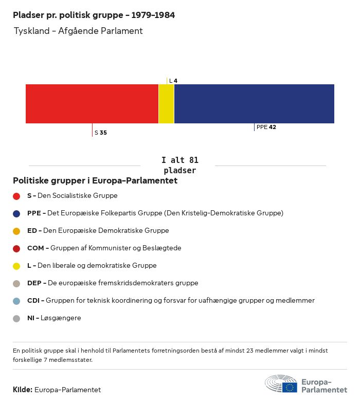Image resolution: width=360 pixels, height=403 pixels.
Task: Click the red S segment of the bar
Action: pyautogui.click(x=92, y=104)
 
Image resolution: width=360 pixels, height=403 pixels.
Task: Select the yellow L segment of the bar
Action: pyautogui.click(x=166, y=104)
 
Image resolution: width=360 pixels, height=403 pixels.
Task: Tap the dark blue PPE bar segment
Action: pyautogui.click(x=254, y=104)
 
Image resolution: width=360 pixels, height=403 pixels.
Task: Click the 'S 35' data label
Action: pyautogui.click(x=101, y=133)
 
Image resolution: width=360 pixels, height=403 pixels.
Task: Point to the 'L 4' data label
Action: pyautogui.click(x=173, y=81)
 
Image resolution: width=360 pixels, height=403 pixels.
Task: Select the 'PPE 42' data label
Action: pyautogui.click(x=266, y=127)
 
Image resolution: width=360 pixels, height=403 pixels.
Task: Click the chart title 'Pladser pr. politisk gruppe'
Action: pyautogui.click(x=94, y=15)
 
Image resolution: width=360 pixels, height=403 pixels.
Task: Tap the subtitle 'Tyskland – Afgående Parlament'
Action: pyautogui.click(x=78, y=31)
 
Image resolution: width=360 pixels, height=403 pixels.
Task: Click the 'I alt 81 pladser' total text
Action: pyautogui.click(x=179, y=165)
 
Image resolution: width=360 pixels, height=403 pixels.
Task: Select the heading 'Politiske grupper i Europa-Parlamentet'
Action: pyautogui.click(x=95, y=180)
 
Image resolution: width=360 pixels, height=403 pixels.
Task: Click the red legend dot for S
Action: pyautogui.click(x=16, y=196)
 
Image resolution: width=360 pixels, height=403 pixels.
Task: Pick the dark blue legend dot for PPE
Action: pyautogui.click(x=16, y=213)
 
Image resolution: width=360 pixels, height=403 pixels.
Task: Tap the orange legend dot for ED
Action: pyautogui.click(x=16, y=231)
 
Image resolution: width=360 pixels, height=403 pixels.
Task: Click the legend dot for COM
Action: pyautogui.click(x=16, y=248)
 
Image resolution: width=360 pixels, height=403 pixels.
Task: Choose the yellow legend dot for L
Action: pyautogui.click(x=16, y=266)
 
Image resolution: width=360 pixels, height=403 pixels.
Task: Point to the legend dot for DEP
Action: pyautogui.click(x=16, y=283)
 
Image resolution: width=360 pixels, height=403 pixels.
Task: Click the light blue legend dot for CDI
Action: pyautogui.click(x=16, y=301)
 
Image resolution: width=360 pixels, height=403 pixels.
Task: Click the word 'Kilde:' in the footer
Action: pyautogui.click(x=23, y=390)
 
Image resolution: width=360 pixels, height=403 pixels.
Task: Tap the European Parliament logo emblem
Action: pyautogui.click(x=281, y=384)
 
